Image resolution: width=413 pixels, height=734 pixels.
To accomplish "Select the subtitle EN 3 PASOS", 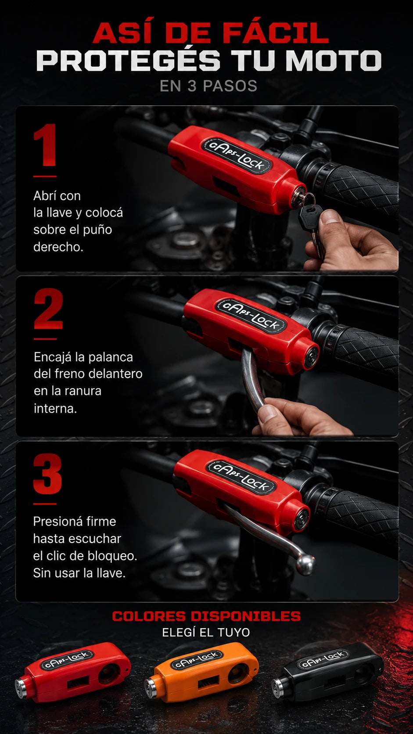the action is [x=208, y=86].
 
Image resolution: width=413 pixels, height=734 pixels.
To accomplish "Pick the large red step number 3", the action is [x=47, y=474].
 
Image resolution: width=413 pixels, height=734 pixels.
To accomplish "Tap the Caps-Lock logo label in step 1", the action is [x=237, y=155].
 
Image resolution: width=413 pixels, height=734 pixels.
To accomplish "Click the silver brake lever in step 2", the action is [x=253, y=380].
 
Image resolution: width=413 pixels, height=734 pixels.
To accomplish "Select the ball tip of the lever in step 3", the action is [x=305, y=564].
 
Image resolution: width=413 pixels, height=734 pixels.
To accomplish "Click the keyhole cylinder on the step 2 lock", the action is [x=311, y=356].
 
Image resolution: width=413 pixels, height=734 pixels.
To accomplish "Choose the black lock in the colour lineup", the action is [x=328, y=669].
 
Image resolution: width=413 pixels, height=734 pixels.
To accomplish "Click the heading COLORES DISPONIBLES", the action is [x=206, y=616].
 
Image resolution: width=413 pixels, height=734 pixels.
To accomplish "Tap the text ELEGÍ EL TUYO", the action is [x=206, y=633].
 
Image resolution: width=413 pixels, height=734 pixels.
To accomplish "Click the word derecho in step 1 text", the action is [x=58, y=247].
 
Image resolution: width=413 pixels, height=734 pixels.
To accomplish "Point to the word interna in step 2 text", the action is [x=55, y=408].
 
